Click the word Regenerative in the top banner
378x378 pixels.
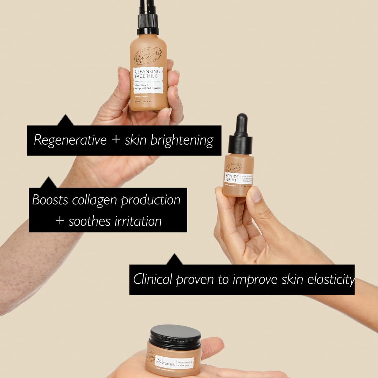[70, 140]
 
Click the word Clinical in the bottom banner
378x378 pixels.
[153, 280]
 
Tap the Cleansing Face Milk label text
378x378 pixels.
[147, 74]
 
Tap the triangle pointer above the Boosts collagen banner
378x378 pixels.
[49, 183]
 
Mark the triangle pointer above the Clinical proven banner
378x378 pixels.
[174, 260]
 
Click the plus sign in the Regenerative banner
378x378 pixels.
[115, 140]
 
